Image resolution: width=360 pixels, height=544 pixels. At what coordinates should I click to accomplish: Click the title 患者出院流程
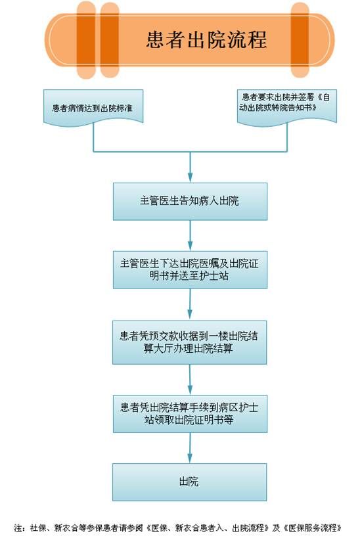(x=206, y=39)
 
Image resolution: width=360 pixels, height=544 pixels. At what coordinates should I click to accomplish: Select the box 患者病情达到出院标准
(x=93, y=107)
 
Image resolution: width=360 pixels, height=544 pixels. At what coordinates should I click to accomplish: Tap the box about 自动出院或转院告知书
(x=287, y=106)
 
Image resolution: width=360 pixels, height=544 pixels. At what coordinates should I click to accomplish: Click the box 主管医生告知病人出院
(x=190, y=201)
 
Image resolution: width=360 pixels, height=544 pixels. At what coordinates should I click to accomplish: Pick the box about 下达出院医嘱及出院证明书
(x=190, y=269)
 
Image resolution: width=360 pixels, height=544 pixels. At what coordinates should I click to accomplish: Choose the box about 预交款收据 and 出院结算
(x=189, y=342)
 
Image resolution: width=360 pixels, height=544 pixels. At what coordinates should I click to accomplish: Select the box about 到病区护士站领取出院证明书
(x=190, y=413)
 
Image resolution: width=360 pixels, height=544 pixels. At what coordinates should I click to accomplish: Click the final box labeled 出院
(x=189, y=482)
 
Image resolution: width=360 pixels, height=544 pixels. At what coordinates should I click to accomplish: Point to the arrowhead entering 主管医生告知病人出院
(x=190, y=177)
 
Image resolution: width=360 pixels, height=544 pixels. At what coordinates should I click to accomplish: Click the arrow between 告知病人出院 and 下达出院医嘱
(x=190, y=236)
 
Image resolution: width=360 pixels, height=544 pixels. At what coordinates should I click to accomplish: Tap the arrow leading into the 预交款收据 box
(x=190, y=304)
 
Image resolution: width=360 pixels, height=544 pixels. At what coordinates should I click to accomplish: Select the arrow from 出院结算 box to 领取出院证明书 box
(x=190, y=380)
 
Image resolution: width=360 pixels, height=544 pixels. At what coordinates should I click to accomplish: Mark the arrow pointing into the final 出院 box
(x=190, y=448)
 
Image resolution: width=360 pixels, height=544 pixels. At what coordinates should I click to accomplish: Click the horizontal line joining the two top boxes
(x=190, y=152)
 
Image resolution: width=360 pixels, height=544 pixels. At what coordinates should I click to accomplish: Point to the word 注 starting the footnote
(x=18, y=528)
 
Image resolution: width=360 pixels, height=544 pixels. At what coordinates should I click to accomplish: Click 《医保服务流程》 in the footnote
(x=312, y=528)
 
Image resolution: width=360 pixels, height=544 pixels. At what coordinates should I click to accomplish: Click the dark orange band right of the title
(x=300, y=39)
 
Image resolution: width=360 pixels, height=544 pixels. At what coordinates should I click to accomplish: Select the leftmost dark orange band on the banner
(x=86, y=39)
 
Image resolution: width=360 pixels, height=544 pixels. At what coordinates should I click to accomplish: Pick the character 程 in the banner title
(x=257, y=39)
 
